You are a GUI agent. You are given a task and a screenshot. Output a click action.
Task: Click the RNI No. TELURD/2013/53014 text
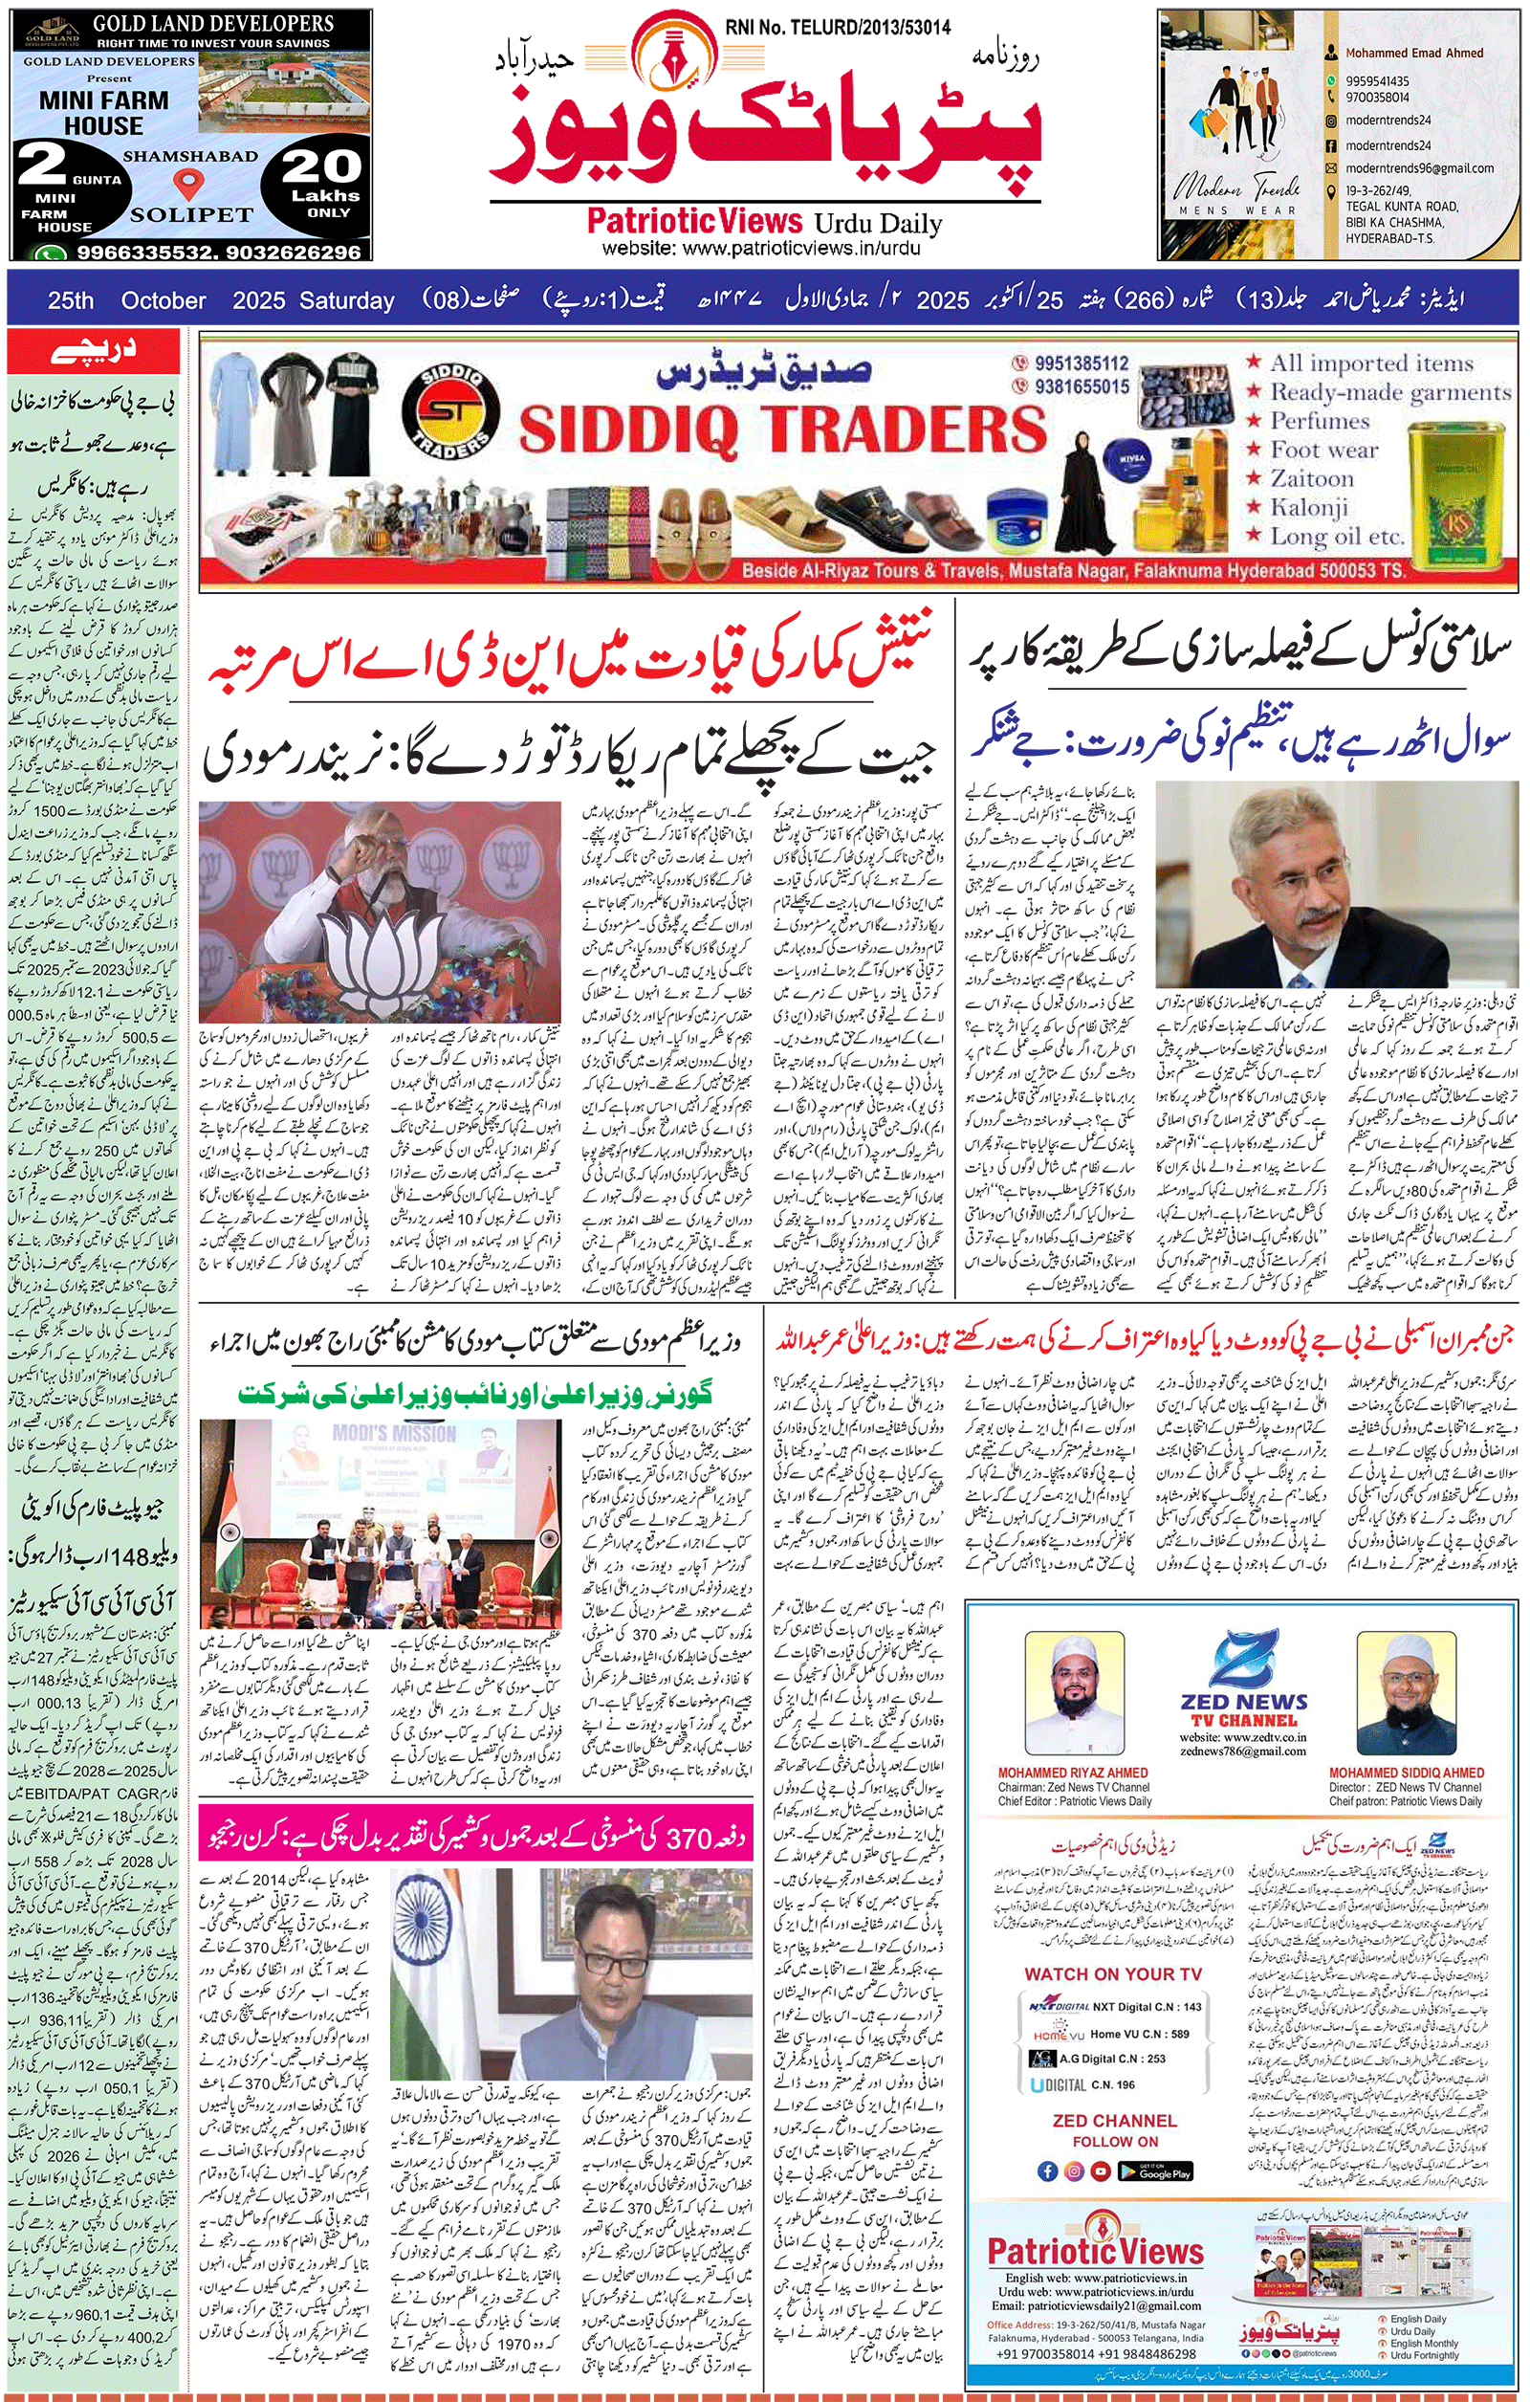tap(838, 28)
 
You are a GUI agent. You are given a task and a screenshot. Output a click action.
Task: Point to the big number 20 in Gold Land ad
tap(321, 165)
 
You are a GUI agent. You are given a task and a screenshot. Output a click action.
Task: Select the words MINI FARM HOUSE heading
tap(103, 113)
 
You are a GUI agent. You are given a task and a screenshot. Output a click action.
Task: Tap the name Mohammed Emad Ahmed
tap(1413, 53)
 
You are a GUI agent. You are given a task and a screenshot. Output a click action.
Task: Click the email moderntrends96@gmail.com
tap(1419, 168)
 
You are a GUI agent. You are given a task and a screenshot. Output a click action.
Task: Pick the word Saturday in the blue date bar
tap(352, 300)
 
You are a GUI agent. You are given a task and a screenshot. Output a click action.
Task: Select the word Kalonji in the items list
tap(1308, 508)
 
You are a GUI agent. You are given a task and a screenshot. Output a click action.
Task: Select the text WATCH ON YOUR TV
tap(1112, 1974)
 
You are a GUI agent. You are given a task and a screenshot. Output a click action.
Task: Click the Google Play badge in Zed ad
tap(1154, 2171)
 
